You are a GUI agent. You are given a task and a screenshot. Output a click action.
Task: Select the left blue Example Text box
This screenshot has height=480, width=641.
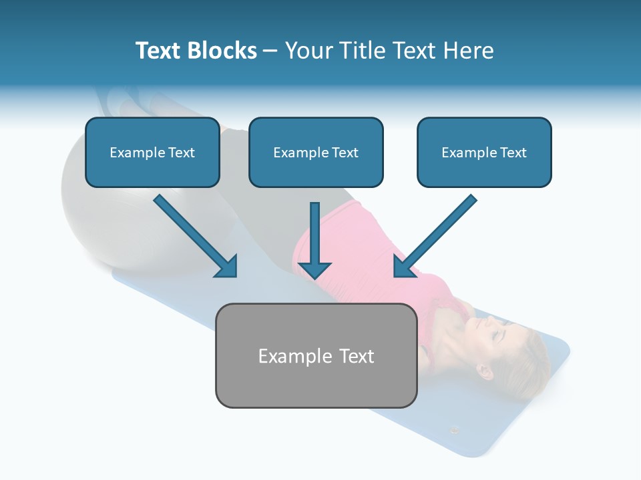pyautogui.click(x=152, y=153)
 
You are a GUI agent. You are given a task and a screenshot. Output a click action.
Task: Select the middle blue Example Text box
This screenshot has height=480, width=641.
pyautogui.click(x=316, y=153)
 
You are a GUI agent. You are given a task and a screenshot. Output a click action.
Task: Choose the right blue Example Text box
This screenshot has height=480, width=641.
pyautogui.click(x=484, y=153)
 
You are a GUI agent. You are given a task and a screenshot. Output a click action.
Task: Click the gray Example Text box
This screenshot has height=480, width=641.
pyautogui.click(x=316, y=355)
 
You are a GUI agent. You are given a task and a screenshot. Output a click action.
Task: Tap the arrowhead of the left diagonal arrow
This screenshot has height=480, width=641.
pyautogui.click(x=227, y=267)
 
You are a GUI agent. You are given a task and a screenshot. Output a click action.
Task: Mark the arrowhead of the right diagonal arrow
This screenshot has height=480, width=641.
pyautogui.click(x=405, y=267)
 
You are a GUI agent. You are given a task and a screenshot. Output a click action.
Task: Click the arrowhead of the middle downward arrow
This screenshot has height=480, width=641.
pyautogui.click(x=314, y=269)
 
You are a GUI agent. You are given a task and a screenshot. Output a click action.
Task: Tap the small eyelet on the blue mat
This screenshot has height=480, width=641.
pyautogui.click(x=455, y=429)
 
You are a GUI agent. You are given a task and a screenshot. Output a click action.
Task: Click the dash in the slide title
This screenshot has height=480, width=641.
pyautogui.click(x=270, y=51)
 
